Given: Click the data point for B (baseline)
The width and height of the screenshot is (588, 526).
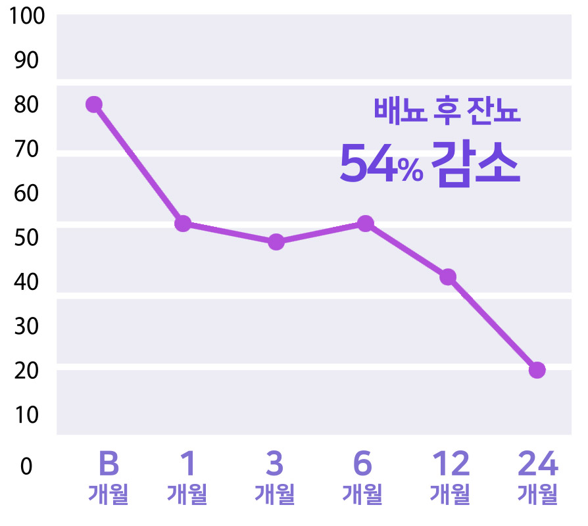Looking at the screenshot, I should [94, 105].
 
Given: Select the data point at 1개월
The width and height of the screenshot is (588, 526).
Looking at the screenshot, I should [183, 224].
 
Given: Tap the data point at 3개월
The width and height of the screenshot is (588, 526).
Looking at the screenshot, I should [276, 242].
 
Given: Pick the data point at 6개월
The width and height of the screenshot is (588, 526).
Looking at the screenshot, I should [366, 224].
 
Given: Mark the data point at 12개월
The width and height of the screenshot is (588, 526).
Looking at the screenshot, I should [448, 277].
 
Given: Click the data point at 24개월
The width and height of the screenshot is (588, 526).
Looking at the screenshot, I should [537, 370].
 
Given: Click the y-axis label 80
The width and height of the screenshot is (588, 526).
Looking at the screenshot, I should [26, 105].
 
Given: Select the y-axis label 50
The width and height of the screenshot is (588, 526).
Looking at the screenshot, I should [26, 237].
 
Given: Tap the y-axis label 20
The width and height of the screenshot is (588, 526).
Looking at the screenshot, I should [26, 370].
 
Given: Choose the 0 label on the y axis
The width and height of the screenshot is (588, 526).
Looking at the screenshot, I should [26, 466].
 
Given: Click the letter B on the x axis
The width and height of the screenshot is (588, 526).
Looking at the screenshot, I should [109, 464].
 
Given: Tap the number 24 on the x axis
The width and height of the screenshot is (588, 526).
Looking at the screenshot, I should [537, 464].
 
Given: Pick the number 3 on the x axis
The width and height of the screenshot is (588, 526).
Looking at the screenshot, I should [275, 464].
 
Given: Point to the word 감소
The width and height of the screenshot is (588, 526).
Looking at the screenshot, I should [476, 164].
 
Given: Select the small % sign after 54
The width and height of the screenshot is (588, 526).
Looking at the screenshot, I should [410, 171].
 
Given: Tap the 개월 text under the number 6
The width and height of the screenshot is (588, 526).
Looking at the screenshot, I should [362, 494].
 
